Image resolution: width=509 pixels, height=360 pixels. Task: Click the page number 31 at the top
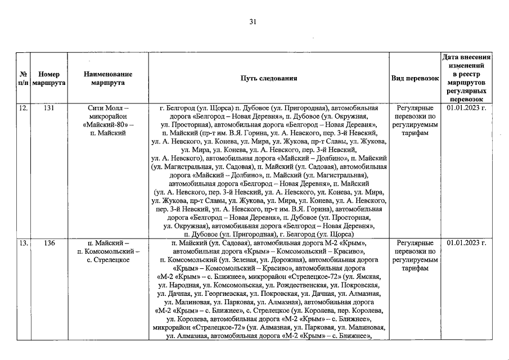tap(253, 22)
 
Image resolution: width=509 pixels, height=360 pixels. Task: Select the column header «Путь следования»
tap(268, 78)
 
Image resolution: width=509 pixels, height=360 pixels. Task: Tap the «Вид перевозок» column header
tap(415, 78)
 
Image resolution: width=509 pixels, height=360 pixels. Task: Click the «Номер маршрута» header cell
tap(49, 78)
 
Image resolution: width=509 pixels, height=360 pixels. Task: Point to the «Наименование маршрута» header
tap(107, 78)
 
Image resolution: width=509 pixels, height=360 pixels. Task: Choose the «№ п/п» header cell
tap(24, 78)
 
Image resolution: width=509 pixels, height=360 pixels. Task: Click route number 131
tap(49, 107)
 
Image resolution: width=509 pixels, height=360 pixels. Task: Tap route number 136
tap(49, 243)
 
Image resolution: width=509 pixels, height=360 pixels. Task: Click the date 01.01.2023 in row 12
tap(466, 107)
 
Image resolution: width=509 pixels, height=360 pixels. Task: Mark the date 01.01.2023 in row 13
tap(466, 243)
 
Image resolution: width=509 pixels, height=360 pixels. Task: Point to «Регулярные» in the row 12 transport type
tap(415, 107)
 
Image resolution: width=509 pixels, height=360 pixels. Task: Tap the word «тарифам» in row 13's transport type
tap(415, 269)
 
